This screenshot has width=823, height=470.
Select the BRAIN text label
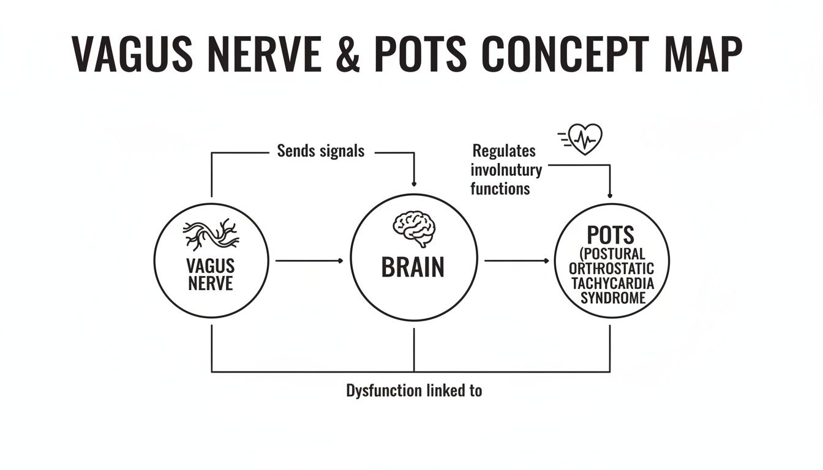click(413, 267)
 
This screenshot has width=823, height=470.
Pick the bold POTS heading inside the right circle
click(610, 235)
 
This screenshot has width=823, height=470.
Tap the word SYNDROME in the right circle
click(613, 299)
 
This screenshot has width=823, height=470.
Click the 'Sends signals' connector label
click(320, 151)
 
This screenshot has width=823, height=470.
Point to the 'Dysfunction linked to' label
click(414, 390)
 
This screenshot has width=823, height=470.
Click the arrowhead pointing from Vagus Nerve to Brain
click(340, 261)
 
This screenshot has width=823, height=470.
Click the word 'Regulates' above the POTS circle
click(504, 151)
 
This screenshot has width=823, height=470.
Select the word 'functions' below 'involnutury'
click(500, 188)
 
